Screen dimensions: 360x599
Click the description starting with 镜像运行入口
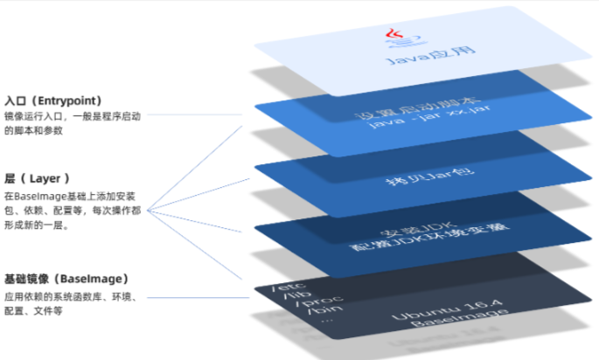(x=72, y=123)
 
